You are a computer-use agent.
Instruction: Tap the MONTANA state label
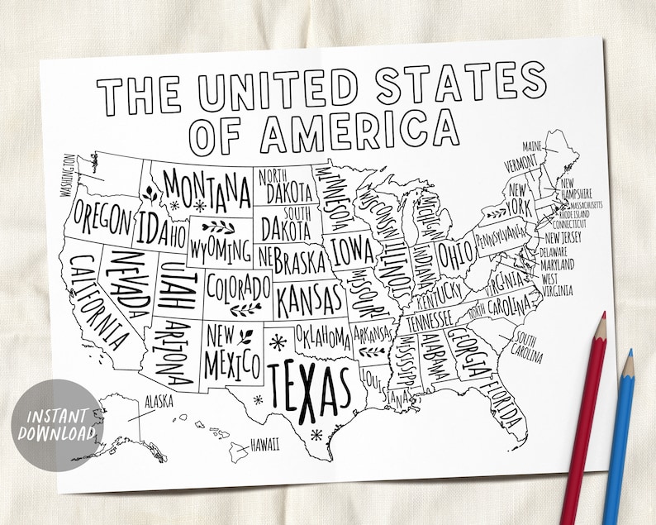pos(207,189)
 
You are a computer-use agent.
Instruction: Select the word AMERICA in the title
pos(359,131)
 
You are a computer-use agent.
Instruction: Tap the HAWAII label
pos(264,444)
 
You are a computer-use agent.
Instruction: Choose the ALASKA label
pos(158,401)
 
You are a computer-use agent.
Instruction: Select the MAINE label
pos(531,146)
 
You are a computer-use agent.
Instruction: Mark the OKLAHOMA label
pos(322,336)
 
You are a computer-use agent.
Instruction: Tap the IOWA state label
pos(352,248)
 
